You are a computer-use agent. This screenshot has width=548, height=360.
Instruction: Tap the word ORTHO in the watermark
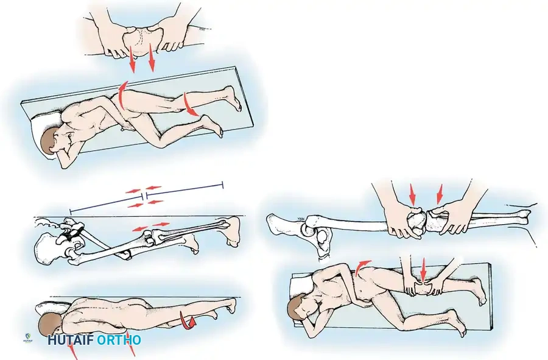click(119, 340)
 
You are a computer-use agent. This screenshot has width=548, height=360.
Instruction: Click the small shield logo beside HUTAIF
click(27, 337)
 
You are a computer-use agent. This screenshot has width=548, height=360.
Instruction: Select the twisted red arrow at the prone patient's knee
click(188, 320)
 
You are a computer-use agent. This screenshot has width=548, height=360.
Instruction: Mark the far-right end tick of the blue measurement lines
click(223, 185)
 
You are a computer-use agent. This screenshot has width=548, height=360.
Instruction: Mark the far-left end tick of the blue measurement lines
click(71, 211)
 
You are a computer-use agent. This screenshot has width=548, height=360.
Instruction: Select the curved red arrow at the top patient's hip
click(121, 94)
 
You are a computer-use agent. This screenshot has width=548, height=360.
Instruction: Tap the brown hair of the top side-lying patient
click(49, 140)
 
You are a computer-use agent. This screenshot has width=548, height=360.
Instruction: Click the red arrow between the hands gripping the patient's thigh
click(424, 269)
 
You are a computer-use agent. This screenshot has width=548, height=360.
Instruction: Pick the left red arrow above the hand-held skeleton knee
click(413, 194)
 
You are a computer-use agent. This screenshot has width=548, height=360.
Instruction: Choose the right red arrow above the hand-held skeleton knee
click(439, 194)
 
